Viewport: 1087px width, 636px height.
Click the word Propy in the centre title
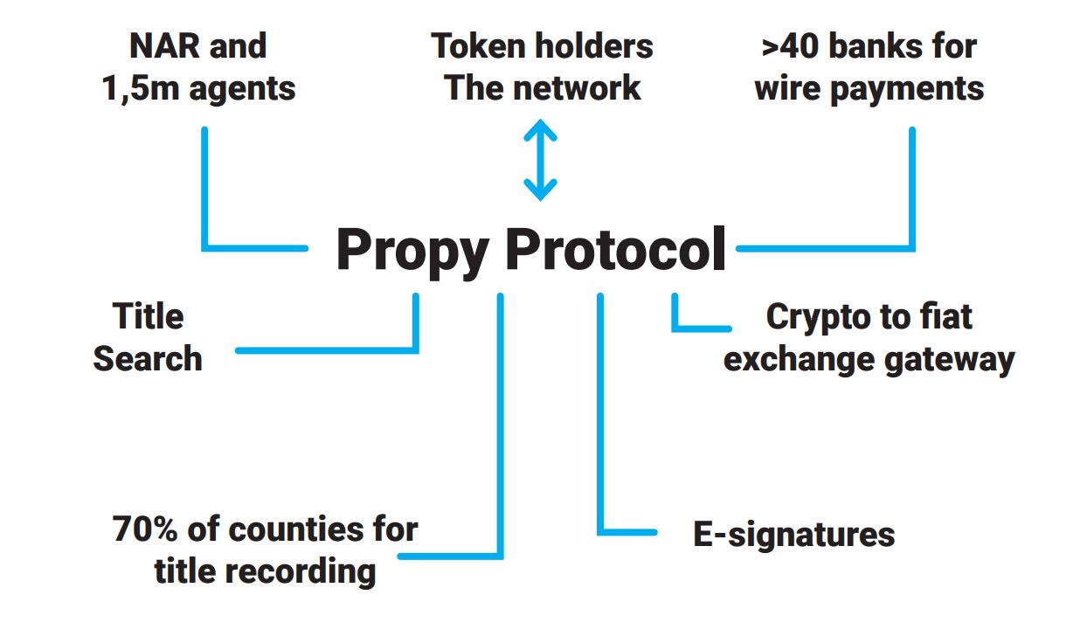pos(412,252)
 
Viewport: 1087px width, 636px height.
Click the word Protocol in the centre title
pos(616,250)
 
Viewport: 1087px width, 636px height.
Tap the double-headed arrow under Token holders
pos(540,161)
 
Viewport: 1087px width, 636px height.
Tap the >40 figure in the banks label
pos(791,46)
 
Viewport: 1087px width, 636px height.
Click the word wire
pos(786,88)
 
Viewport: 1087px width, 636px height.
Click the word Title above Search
pos(148,316)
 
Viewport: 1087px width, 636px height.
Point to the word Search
pos(148,358)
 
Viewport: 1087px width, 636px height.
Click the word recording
pos(301,571)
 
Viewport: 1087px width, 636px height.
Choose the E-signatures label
pos(793,535)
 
